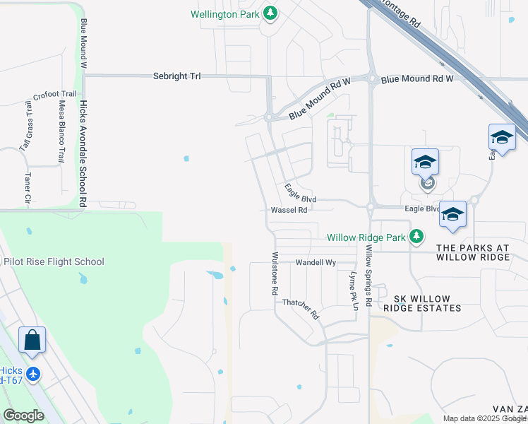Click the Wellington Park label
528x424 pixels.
click(225, 13)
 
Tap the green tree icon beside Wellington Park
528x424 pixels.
click(270, 13)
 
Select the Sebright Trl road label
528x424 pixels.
click(177, 76)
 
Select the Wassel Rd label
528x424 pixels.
click(289, 210)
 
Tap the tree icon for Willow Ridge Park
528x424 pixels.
click(416, 236)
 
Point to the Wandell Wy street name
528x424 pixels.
click(316, 262)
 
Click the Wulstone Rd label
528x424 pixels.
click(275, 273)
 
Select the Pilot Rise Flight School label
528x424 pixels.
click(54, 261)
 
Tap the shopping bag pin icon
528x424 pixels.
click(32, 341)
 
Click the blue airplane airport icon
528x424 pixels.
click(34, 372)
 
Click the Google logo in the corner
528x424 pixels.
click(24, 416)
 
